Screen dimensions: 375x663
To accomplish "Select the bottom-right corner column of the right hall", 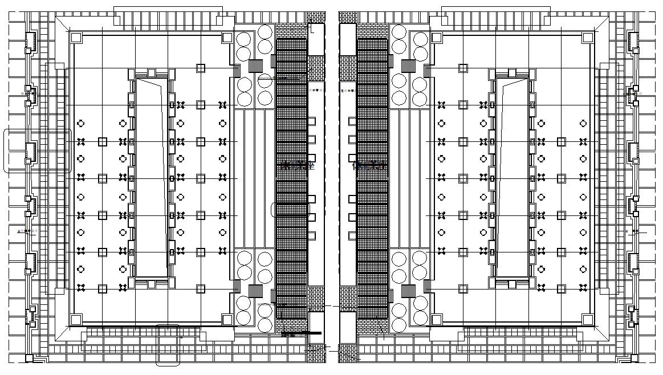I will [x=588, y=319].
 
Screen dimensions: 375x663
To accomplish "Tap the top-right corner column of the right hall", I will [x=588, y=38].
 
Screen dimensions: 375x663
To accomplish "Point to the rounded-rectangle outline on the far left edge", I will [x=38, y=151].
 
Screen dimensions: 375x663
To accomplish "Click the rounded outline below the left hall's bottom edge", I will [x=168, y=345].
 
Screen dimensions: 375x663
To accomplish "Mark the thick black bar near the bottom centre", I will [x=302, y=333].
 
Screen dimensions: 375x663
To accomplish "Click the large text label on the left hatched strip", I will [x=298, y=166].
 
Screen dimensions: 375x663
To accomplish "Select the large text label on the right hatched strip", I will [x=369, y=166].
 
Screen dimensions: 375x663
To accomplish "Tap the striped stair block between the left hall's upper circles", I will [x=255, y=66].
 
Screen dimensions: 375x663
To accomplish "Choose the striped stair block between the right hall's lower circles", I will [x=408, y=291].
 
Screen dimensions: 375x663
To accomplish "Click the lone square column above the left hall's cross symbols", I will [x=201, y=68].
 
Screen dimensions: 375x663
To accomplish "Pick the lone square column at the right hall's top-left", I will [x=463, y=68].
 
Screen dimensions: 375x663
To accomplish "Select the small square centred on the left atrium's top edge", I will [x=152, y=73].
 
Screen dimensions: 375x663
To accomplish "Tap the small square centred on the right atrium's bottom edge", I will [x=512, y=284].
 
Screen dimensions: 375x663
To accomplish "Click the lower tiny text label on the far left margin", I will [x=27, y=231].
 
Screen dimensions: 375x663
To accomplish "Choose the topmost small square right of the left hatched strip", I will [x=312, y=121].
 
